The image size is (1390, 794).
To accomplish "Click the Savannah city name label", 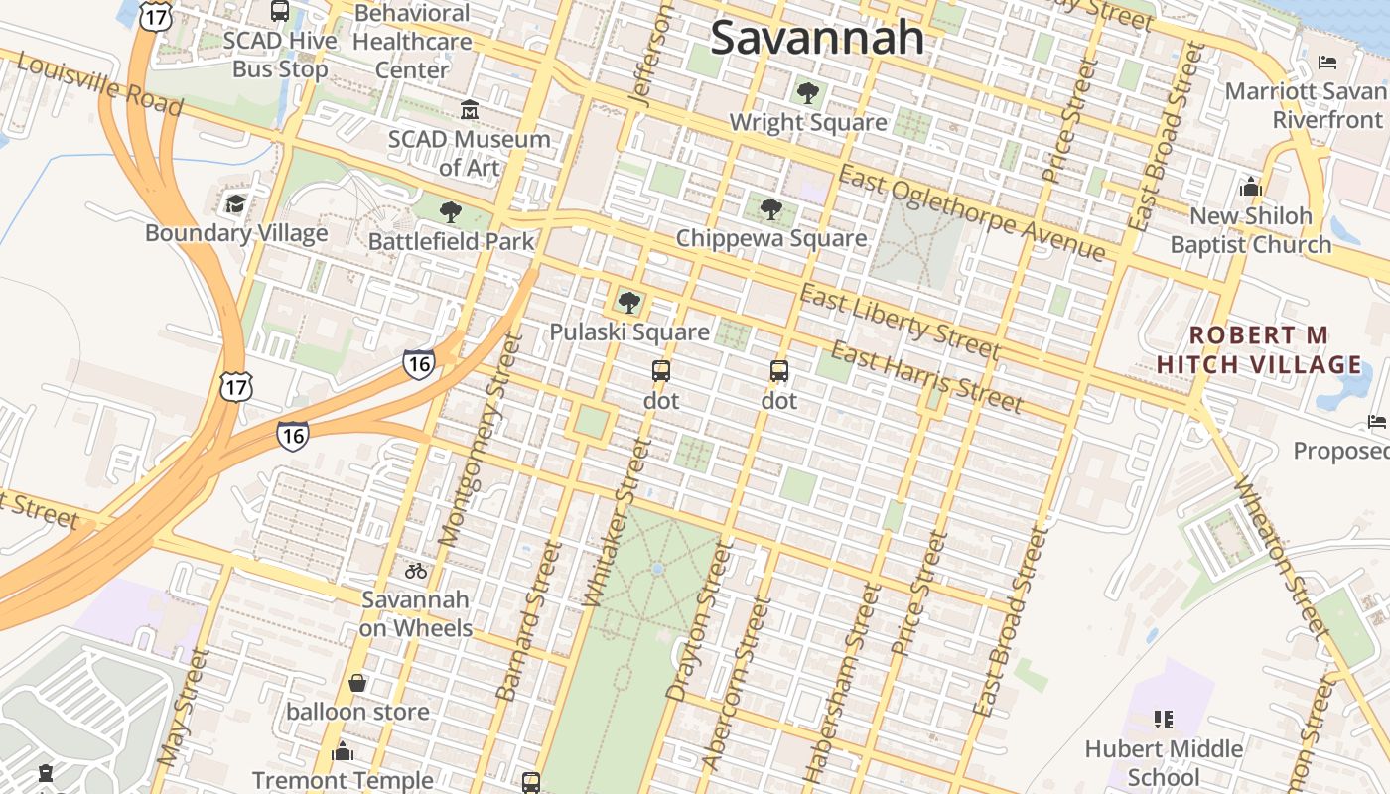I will coord(817,39).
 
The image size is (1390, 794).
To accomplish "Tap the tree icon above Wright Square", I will coord(807,93).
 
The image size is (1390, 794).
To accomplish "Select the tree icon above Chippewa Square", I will coord(770,209).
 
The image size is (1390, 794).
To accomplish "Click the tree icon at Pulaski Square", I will coord(628,303).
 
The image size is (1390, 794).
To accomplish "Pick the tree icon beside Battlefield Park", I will coord(451,211).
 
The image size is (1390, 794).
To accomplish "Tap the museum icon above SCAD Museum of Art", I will coord(470,109).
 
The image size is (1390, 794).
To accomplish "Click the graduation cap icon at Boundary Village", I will coord(236,204).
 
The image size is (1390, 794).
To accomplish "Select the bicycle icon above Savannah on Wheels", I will coord(416,571).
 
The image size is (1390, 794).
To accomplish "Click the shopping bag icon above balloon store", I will coord(357,683).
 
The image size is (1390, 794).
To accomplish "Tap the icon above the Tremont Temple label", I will coord(343,751).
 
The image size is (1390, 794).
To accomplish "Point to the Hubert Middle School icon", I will coord(1164,719).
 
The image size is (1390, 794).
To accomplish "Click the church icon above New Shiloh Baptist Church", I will coord(1250,187).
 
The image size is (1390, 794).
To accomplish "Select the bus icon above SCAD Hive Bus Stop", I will coord(280,12).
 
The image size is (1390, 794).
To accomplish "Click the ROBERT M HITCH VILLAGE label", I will coord(1259,349).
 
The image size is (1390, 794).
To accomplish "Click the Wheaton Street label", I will coord(1281,556).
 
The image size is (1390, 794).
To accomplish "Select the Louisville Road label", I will coord(100,82).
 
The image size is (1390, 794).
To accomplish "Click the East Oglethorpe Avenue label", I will coord(971,213).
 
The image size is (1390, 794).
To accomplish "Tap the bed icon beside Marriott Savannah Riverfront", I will coord(1327,63).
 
